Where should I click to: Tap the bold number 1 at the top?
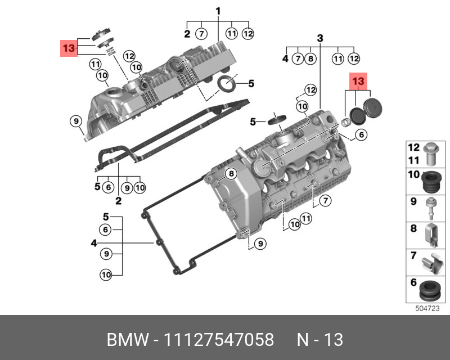[x=218, y=11]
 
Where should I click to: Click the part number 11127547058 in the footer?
[x=218, y=340]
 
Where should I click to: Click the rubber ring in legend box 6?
[x=430, y=290]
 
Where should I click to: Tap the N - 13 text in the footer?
[x=319, y=340]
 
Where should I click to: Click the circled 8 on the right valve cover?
[x=229, y=174]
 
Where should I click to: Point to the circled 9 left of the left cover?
[x=74, y=120]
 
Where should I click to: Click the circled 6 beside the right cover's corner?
[x=361, y=134]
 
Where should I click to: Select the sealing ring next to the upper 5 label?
[x=227, y=84]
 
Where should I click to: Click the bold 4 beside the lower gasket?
[x=94, y=244]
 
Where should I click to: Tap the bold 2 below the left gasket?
[x=119, y=201]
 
